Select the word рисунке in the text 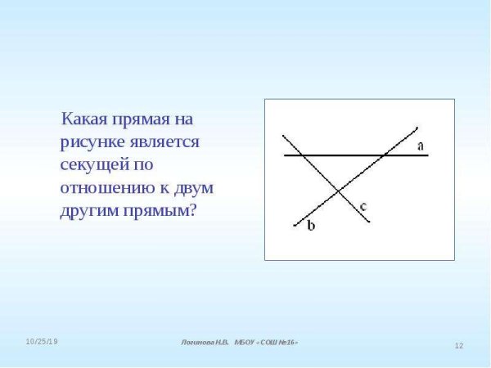click(92, 142)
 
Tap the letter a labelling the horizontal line click(420, 146)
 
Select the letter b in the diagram click(311, 227)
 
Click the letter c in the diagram click(363, 206)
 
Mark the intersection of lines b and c click(339, 192)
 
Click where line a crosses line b click(385, 155)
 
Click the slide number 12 click(459, 346)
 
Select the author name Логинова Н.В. click(205, 342)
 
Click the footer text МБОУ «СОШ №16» click(266, 342)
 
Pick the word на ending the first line click(183, 119)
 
